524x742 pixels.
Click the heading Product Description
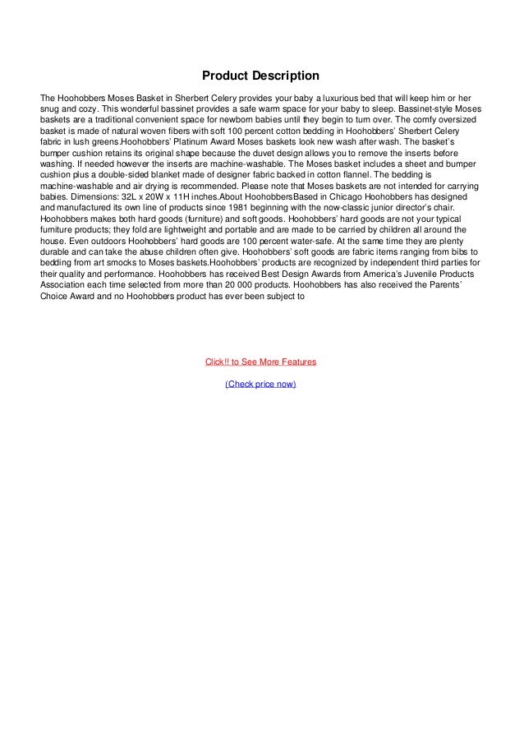pyautogui.click(x=261, y=76)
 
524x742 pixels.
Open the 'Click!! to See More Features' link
pyautogui.click(x=261, y=362)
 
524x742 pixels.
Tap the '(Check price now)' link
pyautogui.click(x=261, y=385)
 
